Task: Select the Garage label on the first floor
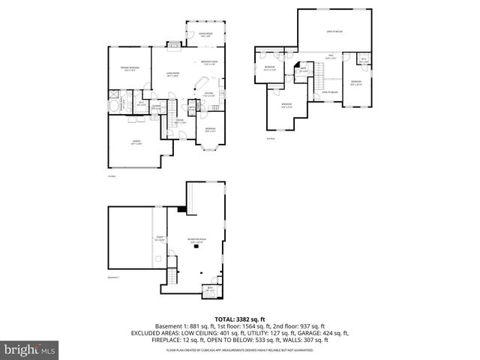click(x=136, y=142)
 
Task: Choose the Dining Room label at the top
click(x=205, y=34)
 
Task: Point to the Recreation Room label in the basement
click(x=196, y=241)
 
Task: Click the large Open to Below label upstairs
click(x=334, y=31)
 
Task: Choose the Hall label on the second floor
click(x=330, y=55)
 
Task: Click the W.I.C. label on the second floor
click(x=363, y=60)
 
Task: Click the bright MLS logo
click(x=29, y=349)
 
